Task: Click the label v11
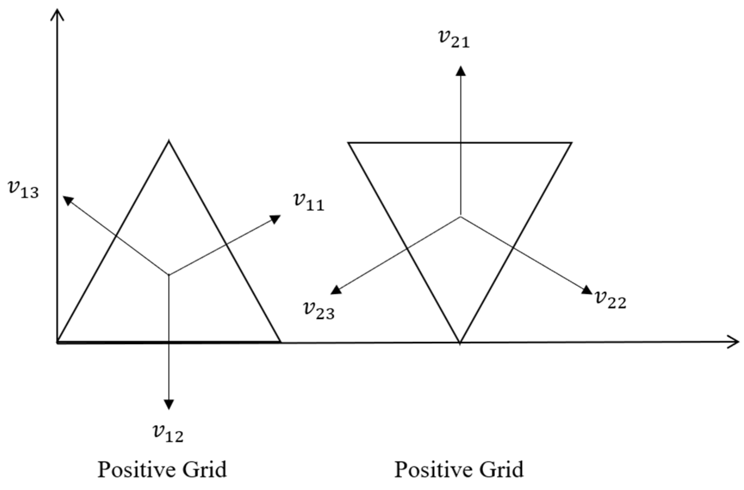pos(309,202)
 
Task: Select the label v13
pos(23,189)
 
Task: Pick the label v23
pos(319,310)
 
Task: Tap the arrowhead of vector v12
pos(169,405)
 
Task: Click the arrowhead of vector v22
pos(586,290)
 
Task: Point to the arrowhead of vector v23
pos(336,290)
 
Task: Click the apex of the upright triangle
pos(169,141)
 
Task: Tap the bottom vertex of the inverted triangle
pos(460,343)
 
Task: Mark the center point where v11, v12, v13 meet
pos(169,274)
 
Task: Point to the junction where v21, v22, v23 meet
pos(460,217)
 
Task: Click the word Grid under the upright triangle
pos(203,470)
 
